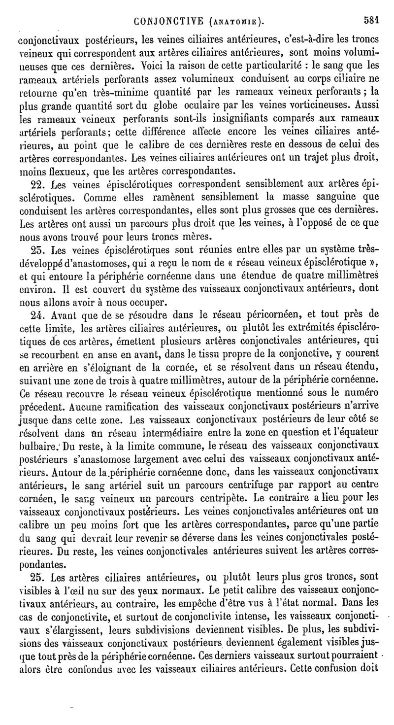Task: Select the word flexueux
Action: tap(60, 173)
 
